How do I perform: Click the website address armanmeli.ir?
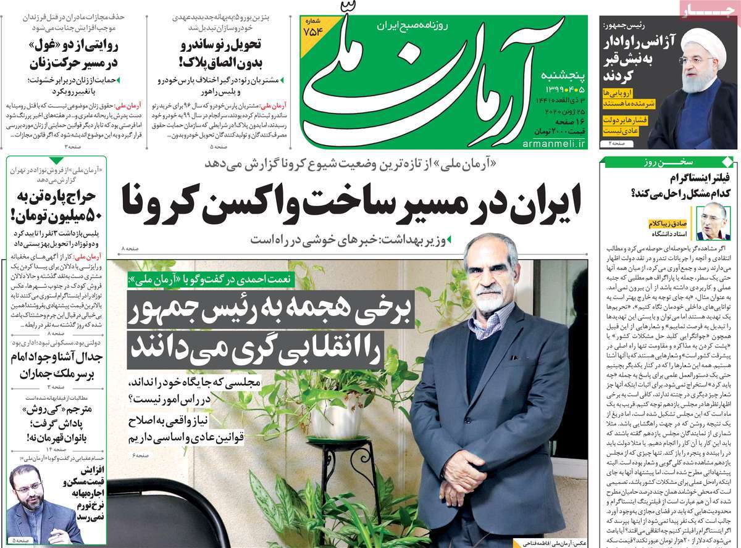[555, 144]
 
